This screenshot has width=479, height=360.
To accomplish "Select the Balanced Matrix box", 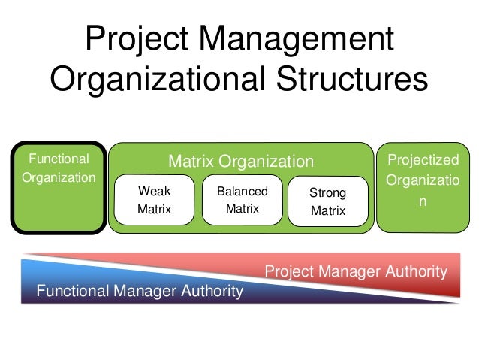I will pos(241,200).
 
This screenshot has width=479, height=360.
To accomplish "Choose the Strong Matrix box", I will pos(328,202).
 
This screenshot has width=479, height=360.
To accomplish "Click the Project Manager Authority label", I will pos(357,271).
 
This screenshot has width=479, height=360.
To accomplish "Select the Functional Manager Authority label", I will pos(140,291).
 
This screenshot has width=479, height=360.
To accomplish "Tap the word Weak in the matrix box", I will pos(154,192).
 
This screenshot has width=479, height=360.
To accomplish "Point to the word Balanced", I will pos(242,192).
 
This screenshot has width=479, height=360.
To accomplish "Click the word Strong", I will pos(328,194).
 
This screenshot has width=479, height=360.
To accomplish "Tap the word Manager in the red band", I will pos(356,271).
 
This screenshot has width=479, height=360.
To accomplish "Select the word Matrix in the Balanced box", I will pos(242,209).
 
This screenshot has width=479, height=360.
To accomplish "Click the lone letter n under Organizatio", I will pos(422,202).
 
